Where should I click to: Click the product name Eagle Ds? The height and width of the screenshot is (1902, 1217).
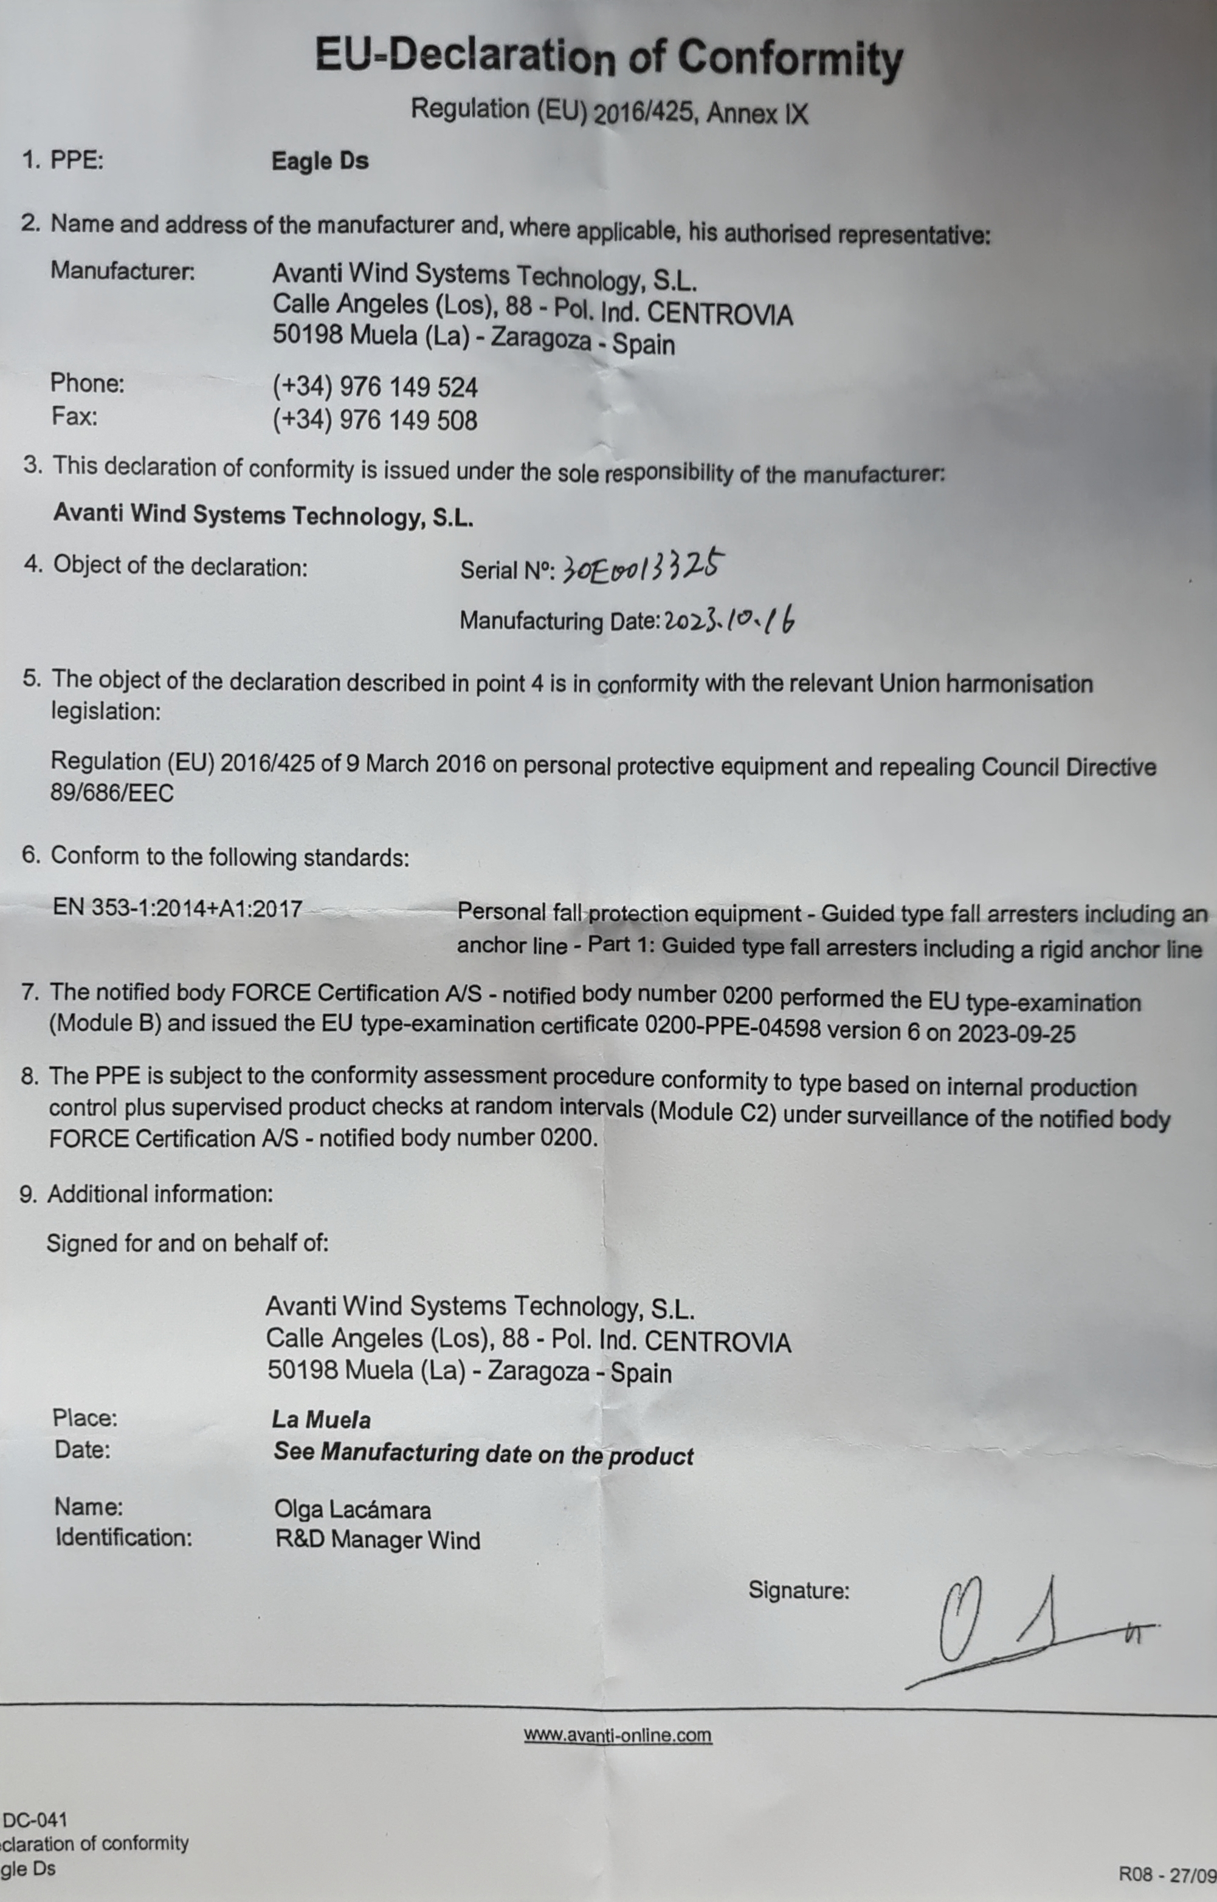point(319,161)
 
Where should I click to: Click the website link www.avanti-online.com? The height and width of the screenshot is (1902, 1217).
point(617,1736)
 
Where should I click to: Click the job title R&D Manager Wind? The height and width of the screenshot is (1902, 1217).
point(377,1540)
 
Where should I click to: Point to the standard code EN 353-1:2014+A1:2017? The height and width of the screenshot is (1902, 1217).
point(177,908)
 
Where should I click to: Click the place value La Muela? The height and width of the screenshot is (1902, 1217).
point(321,1420)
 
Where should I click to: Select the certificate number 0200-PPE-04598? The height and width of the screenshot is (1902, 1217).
point(732,1028)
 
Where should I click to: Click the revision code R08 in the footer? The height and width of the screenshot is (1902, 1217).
point(1136,1874)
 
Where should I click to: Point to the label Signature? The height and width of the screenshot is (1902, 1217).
point(798,1590)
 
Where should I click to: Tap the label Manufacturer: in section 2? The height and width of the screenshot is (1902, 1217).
point(123,271)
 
